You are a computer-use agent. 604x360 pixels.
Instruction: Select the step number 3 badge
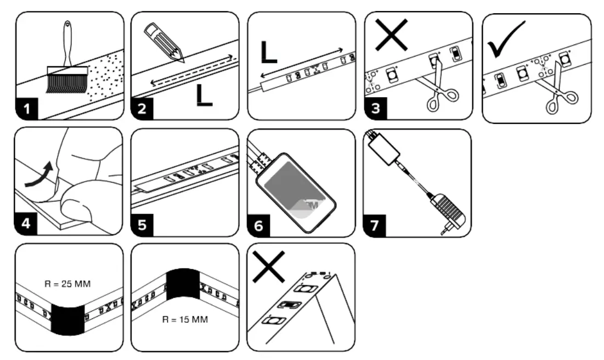(375, 109)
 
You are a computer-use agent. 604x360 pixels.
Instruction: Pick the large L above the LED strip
(268, 49)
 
